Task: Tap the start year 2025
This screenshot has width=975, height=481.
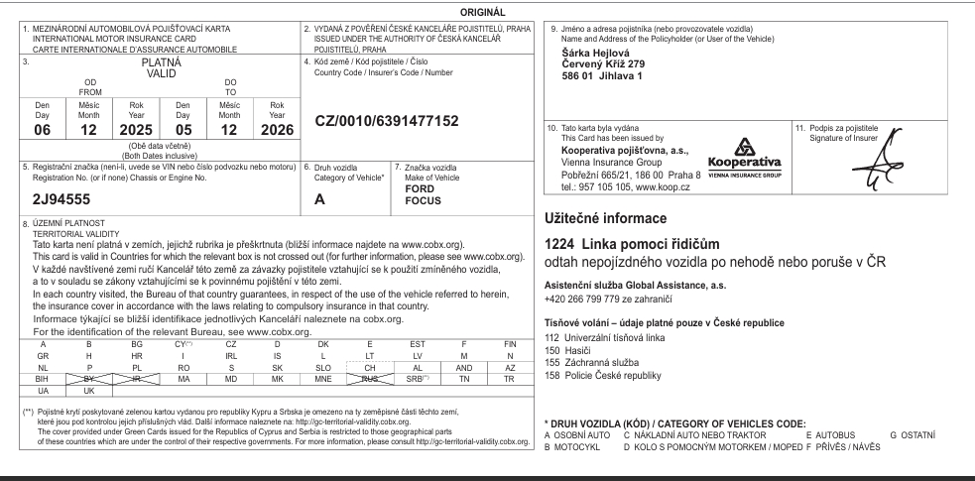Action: [x=135, y=129]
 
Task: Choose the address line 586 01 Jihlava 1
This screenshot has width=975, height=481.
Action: [x=603, y=75]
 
